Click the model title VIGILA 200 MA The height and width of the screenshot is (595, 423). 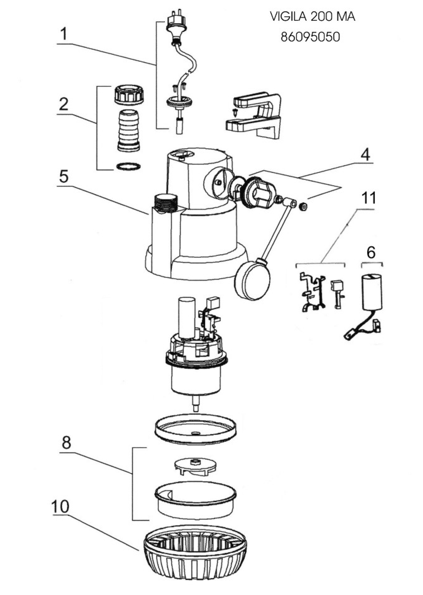click(312, 17)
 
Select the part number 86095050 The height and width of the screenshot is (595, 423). click(310, 37)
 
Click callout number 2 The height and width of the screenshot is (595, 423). click(63, 104)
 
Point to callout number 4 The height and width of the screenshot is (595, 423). click(365, 156)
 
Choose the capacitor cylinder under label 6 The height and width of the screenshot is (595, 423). click(372, 293)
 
